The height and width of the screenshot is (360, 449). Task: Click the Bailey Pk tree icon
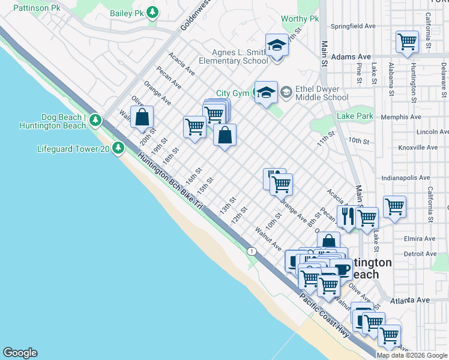pyautogui.click(x=153, y=12)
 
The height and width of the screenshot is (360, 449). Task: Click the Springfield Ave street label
pyautogui.click(x=353, y=26)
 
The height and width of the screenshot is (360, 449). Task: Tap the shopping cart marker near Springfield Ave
pyautogui.click(x=407, y=42)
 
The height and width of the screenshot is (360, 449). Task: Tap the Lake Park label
pyautogui.click(x=355, y=116)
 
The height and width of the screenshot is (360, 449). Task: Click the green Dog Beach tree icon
pyautogui.click(x=95, y=121)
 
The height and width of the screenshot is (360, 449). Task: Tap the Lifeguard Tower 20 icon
pyautogui.click(x=118, y=147)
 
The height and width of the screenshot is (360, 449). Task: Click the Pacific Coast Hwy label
pyautogui.click(x=325, y=316)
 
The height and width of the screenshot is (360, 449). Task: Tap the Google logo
pyautogui.click(x=20, y=353)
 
